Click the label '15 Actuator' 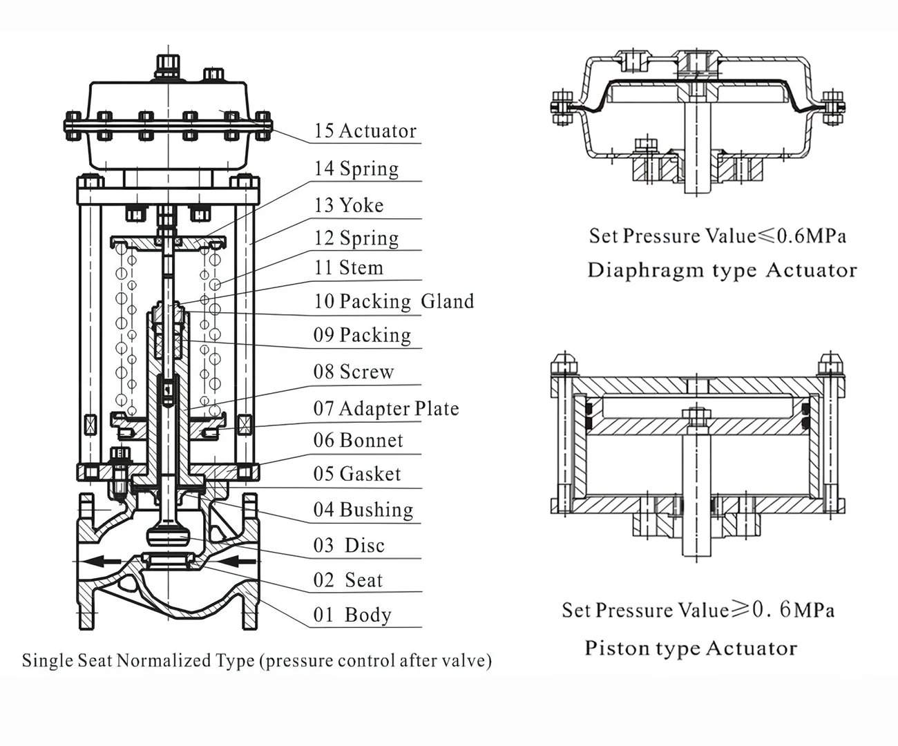click(365, 131)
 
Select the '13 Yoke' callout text click(348, 205)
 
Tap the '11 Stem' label click(348, 267)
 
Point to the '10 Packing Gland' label click(394, 301)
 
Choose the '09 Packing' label click(362, 335)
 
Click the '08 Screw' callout click(353, 372)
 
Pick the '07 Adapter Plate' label click(385, 408)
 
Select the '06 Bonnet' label click(358, 440)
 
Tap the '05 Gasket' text click(356, 474)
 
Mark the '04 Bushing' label click(363, 510)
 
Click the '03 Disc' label click(348, 545)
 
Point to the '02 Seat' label click(347, 580)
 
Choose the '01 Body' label click(352, 614)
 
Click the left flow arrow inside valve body click(104, 561)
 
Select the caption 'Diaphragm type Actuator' click(722, 270)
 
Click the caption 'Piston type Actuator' click(691, 648)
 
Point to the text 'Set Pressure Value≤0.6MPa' click(717, 236)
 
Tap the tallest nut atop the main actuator click(166, 66)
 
